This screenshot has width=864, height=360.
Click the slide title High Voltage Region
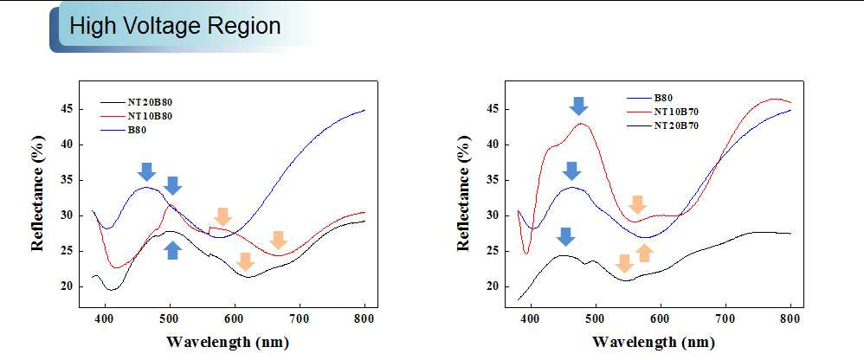coord(175,27)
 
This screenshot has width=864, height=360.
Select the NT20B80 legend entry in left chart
coord(137,102)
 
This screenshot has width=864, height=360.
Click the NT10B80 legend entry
coord(137,116)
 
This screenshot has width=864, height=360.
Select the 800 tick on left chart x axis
coord(364,318)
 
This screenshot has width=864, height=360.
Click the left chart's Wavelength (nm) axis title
coord(227,342)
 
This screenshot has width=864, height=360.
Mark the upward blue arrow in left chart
coord(173,250)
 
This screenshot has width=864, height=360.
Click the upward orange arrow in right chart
coord(644,254)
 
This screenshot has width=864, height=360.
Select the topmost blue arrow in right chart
coord(578,106)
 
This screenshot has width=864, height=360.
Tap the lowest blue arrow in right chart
coord(565,237)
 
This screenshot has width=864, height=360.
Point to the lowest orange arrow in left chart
coord(245,262)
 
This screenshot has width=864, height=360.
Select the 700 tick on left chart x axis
coord(300,318)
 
